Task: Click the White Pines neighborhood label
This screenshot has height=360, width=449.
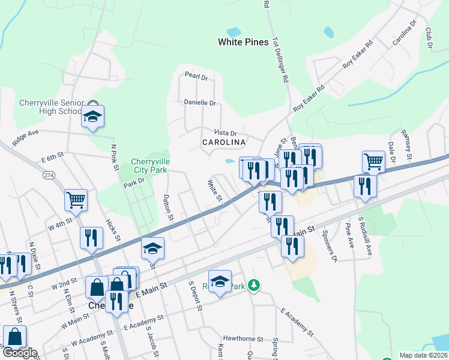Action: pos(243,42)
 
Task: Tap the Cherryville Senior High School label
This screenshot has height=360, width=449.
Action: pos(50,106)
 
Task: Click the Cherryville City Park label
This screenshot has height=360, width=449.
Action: pos(151,166)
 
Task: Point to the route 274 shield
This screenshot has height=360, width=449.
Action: pos(49,175)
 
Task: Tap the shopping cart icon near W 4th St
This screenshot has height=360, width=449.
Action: pos(76,200)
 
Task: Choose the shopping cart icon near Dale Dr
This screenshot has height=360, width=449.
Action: pos(373,161)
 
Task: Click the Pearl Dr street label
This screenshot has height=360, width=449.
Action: pos(196,77)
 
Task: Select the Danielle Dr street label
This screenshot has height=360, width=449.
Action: pos(199,103)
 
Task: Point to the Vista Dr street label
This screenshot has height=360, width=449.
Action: pos(226,133)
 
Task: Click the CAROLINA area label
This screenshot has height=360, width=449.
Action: pos(224,142)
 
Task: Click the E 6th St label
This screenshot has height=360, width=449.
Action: pos(52,158)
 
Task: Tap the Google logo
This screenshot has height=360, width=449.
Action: pos(19,353)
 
